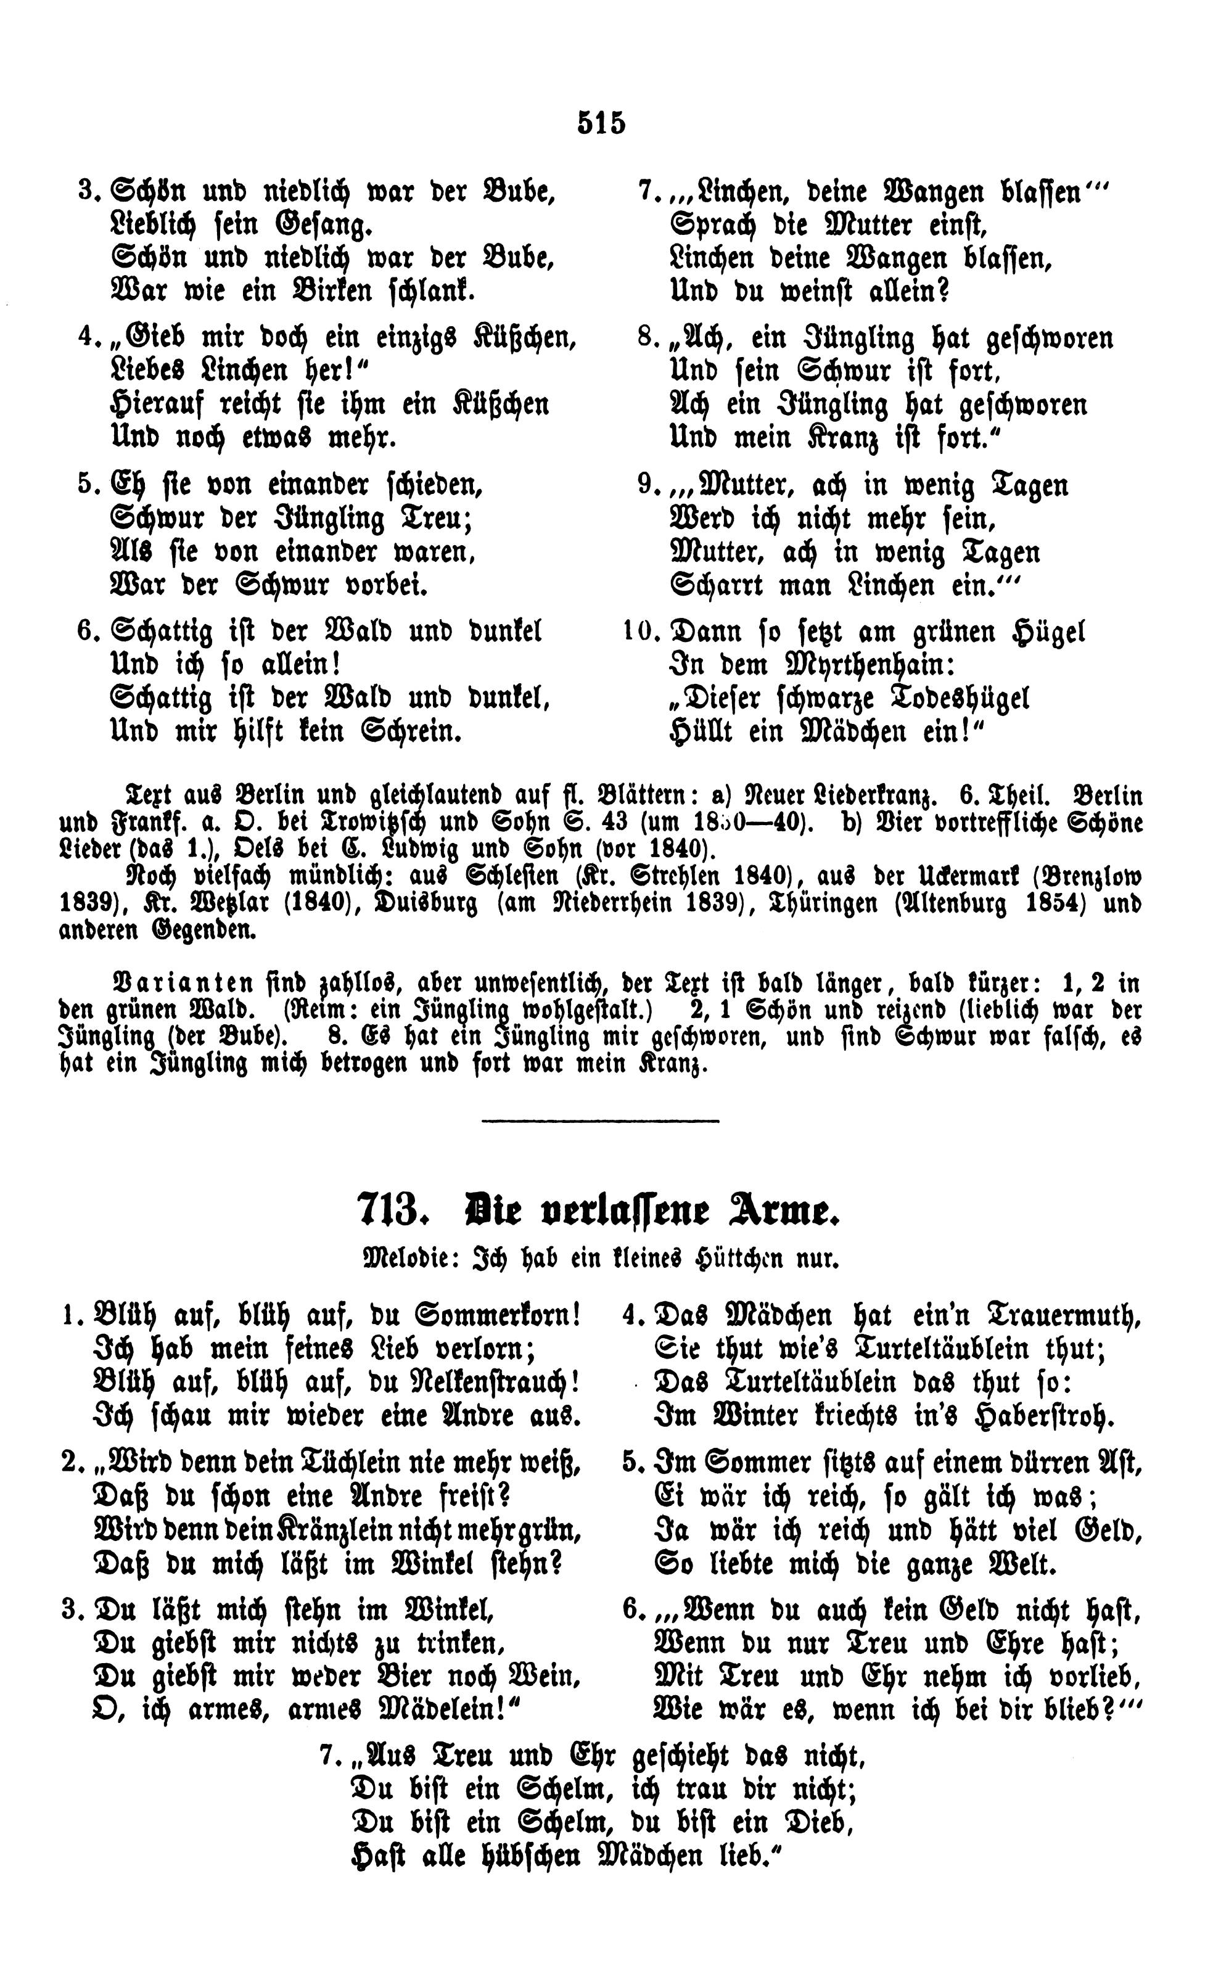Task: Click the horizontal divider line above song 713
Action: [x=600, y=1120]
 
